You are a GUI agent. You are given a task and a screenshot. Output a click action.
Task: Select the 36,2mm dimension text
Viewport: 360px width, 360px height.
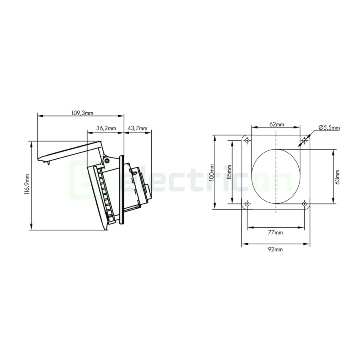pyautogui.click(x=106, y=128)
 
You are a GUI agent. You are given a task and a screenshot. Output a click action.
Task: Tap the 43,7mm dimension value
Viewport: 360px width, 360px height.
pyautogui.click(x=137, y=128)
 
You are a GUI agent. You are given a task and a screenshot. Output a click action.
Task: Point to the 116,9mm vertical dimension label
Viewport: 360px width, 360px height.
pyautogui.click(x=27, y=186)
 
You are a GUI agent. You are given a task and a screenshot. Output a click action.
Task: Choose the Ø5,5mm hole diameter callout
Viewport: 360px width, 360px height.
pyautogui.click(x=329, y=128)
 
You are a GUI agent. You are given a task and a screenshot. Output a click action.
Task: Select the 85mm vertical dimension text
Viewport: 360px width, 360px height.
pyautogui.click(x=229, y=173)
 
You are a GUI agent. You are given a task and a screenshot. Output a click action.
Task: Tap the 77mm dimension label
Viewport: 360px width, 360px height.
pyautogui.click(x=276, y=232)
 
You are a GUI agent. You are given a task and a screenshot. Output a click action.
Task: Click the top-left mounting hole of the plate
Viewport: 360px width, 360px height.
pyautogui.click(x=248, y=140)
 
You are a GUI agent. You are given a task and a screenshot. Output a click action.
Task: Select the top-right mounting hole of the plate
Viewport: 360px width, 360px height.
pyautogui.click(x=304, y=140)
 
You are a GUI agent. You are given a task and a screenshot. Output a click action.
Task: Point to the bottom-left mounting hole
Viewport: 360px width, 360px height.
pyautogui.click(x=248, y=204)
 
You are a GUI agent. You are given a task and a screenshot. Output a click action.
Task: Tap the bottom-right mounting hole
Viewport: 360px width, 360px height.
pyautogui.click(x=304, y=204)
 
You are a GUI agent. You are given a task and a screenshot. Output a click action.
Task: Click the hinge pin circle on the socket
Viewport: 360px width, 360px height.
pyautogui.click(x=107, y=160)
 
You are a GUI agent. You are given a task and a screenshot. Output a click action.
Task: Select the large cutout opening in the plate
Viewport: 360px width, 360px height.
pyautogui.click(x=276, y=176)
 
